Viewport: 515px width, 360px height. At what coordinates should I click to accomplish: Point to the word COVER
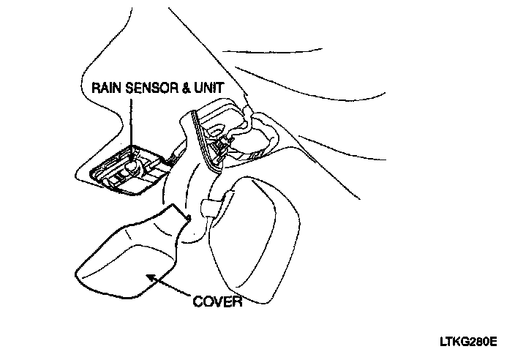click(217, 301)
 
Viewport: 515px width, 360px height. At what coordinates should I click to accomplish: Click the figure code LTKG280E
click(468, 341)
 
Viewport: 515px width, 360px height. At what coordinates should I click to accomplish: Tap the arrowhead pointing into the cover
click(151, 277)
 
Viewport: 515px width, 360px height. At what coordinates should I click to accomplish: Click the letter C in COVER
click(198, 301)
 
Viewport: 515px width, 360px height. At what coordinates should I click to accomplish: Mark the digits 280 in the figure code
click(473, 341)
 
